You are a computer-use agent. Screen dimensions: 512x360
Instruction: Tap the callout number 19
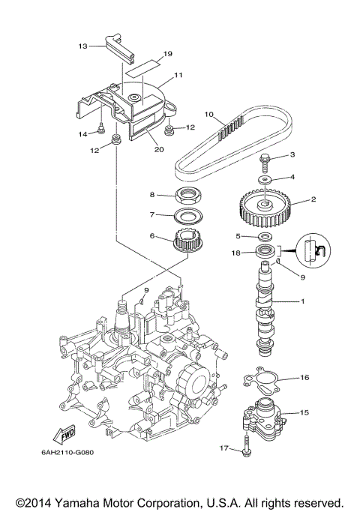click(x=167, y=54)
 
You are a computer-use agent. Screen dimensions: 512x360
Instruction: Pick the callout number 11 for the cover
click(x=179, y=76)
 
